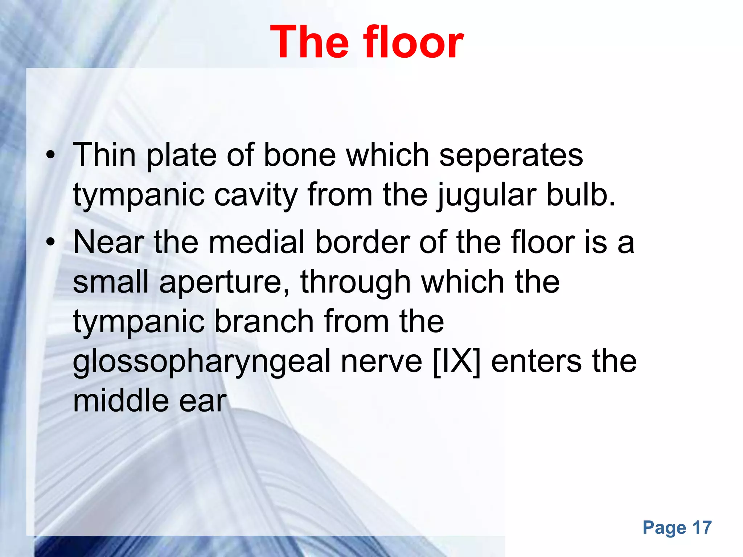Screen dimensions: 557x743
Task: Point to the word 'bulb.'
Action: [580, 195]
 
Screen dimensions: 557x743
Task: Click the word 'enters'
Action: [536, 362]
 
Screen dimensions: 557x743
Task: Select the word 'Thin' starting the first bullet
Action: [104, 155]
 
